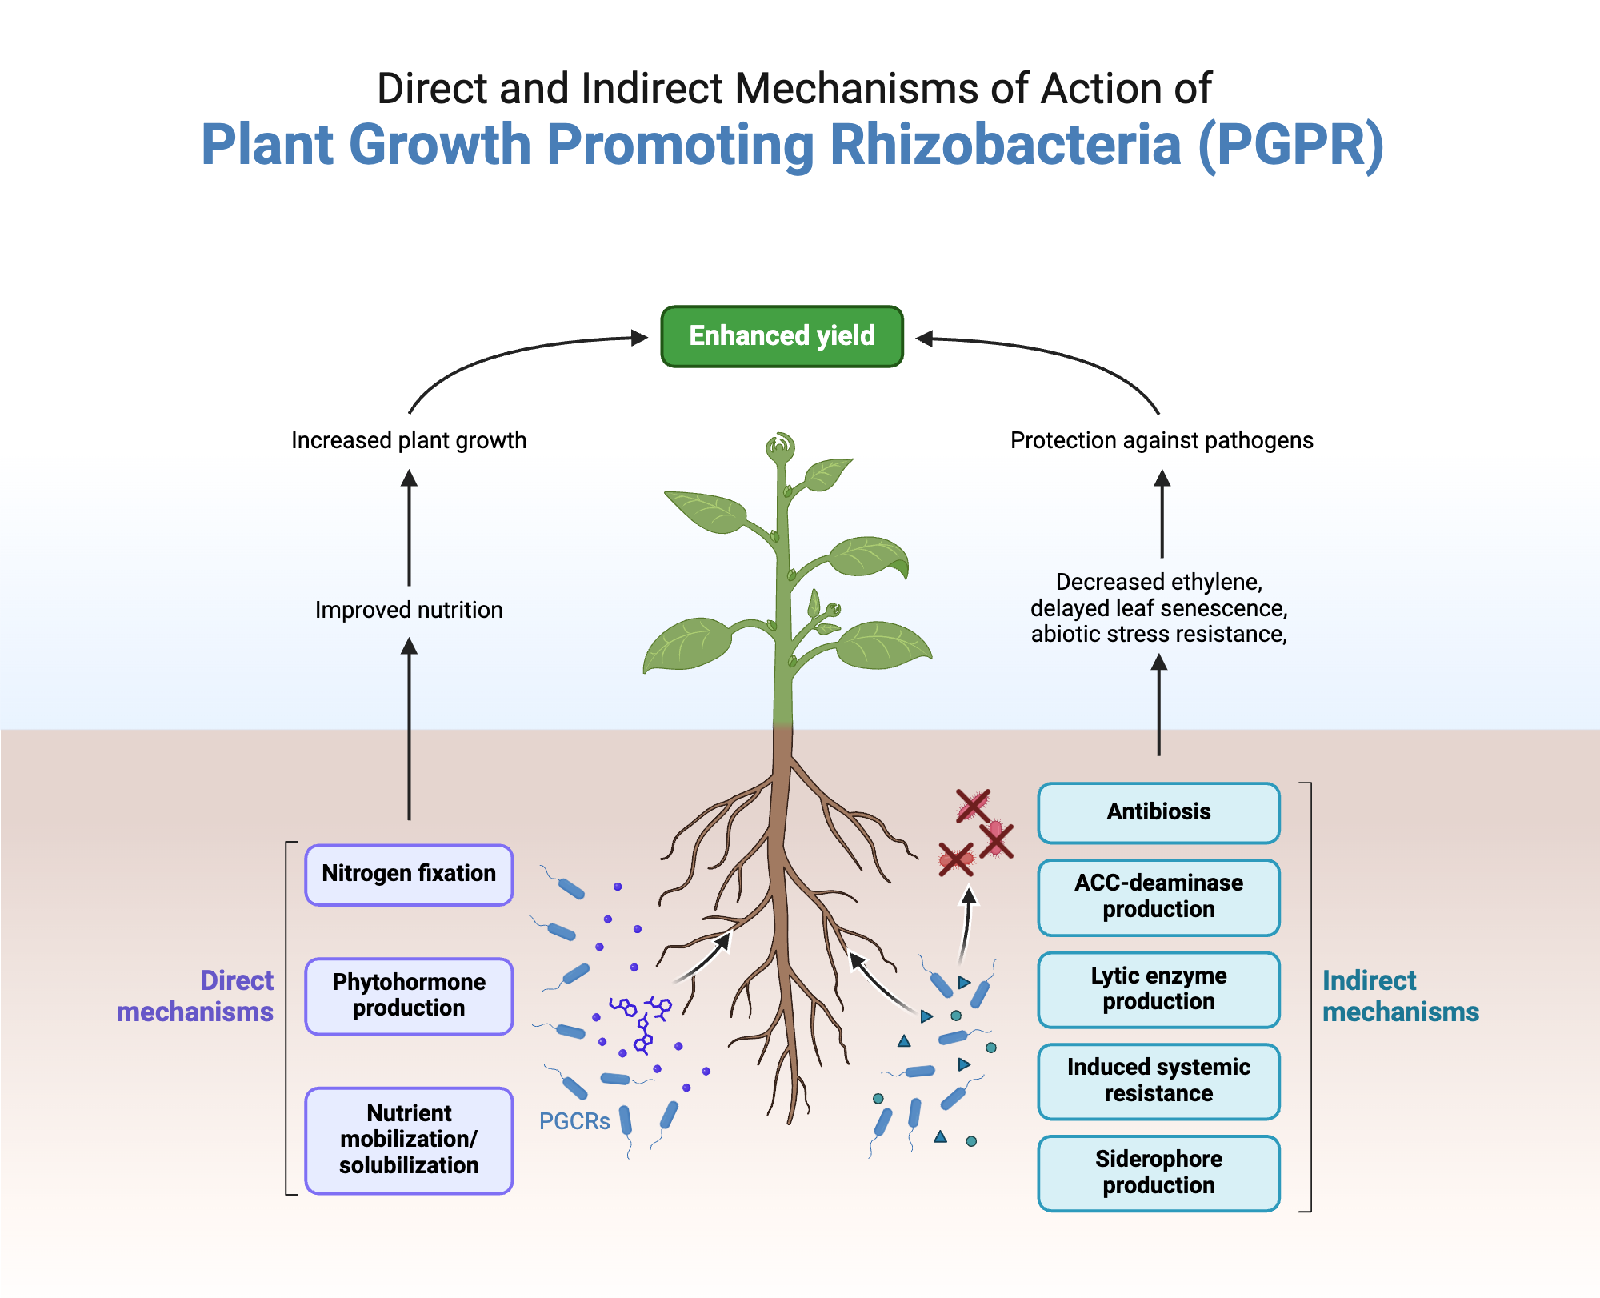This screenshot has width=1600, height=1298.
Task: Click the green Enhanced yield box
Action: tap(782, 336)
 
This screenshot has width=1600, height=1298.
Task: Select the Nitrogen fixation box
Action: tap(409, 874)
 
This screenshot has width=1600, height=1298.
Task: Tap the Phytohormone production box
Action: tap(409, 996)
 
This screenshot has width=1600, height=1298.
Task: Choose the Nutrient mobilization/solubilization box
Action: tap(409, 1140)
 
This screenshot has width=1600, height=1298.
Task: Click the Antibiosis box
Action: tap(1158, 812)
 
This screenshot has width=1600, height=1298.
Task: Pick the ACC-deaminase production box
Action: tap(1158, 896)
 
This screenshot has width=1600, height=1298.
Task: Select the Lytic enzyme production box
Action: tap(1158, 989)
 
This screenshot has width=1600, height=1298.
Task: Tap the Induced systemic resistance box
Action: tap(1158, 1080)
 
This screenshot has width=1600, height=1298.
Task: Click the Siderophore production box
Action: tap(1158, 1172)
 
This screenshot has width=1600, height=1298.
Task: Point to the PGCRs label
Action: tap(574, 1121)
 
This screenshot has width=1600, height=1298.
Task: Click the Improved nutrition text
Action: tap(409, 610)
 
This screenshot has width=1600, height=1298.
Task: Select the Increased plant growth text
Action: tap(409, 440)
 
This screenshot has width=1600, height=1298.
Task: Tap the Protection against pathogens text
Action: tap(1161, 440)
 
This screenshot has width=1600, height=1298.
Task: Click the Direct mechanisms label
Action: tap(197, 996)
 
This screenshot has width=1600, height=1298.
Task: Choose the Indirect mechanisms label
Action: tap(1399, 996)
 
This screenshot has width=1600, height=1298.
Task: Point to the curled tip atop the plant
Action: tap(780, 445)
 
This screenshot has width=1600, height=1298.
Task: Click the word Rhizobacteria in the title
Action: tap(1005, 145)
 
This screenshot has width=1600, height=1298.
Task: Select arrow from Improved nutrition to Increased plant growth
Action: tap(409, 528)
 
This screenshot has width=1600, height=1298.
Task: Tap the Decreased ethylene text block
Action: tap(1158, 608)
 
